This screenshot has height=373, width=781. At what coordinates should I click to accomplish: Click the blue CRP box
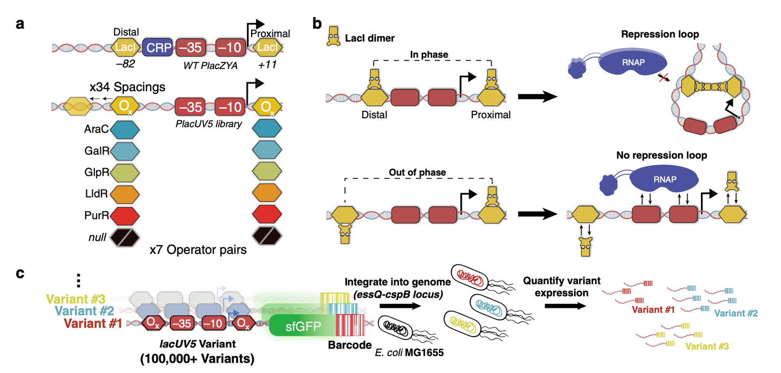pos(157,48)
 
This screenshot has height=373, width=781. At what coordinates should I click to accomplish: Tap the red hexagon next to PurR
pos(125,216)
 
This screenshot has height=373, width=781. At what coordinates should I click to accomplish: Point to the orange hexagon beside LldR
pos(125,194)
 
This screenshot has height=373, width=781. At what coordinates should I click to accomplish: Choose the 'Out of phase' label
pos(417,172)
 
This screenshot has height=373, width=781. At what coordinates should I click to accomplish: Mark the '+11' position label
pos(268,64)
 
